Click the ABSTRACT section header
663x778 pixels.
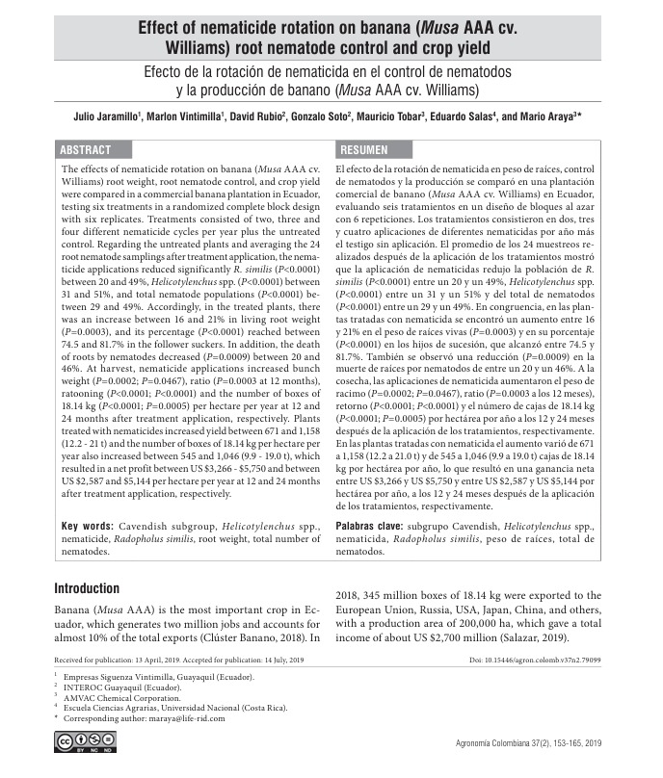86,150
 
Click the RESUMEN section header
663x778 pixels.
363,150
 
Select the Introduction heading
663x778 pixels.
87,588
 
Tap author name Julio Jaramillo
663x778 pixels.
107,117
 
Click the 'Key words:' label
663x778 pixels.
88,527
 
